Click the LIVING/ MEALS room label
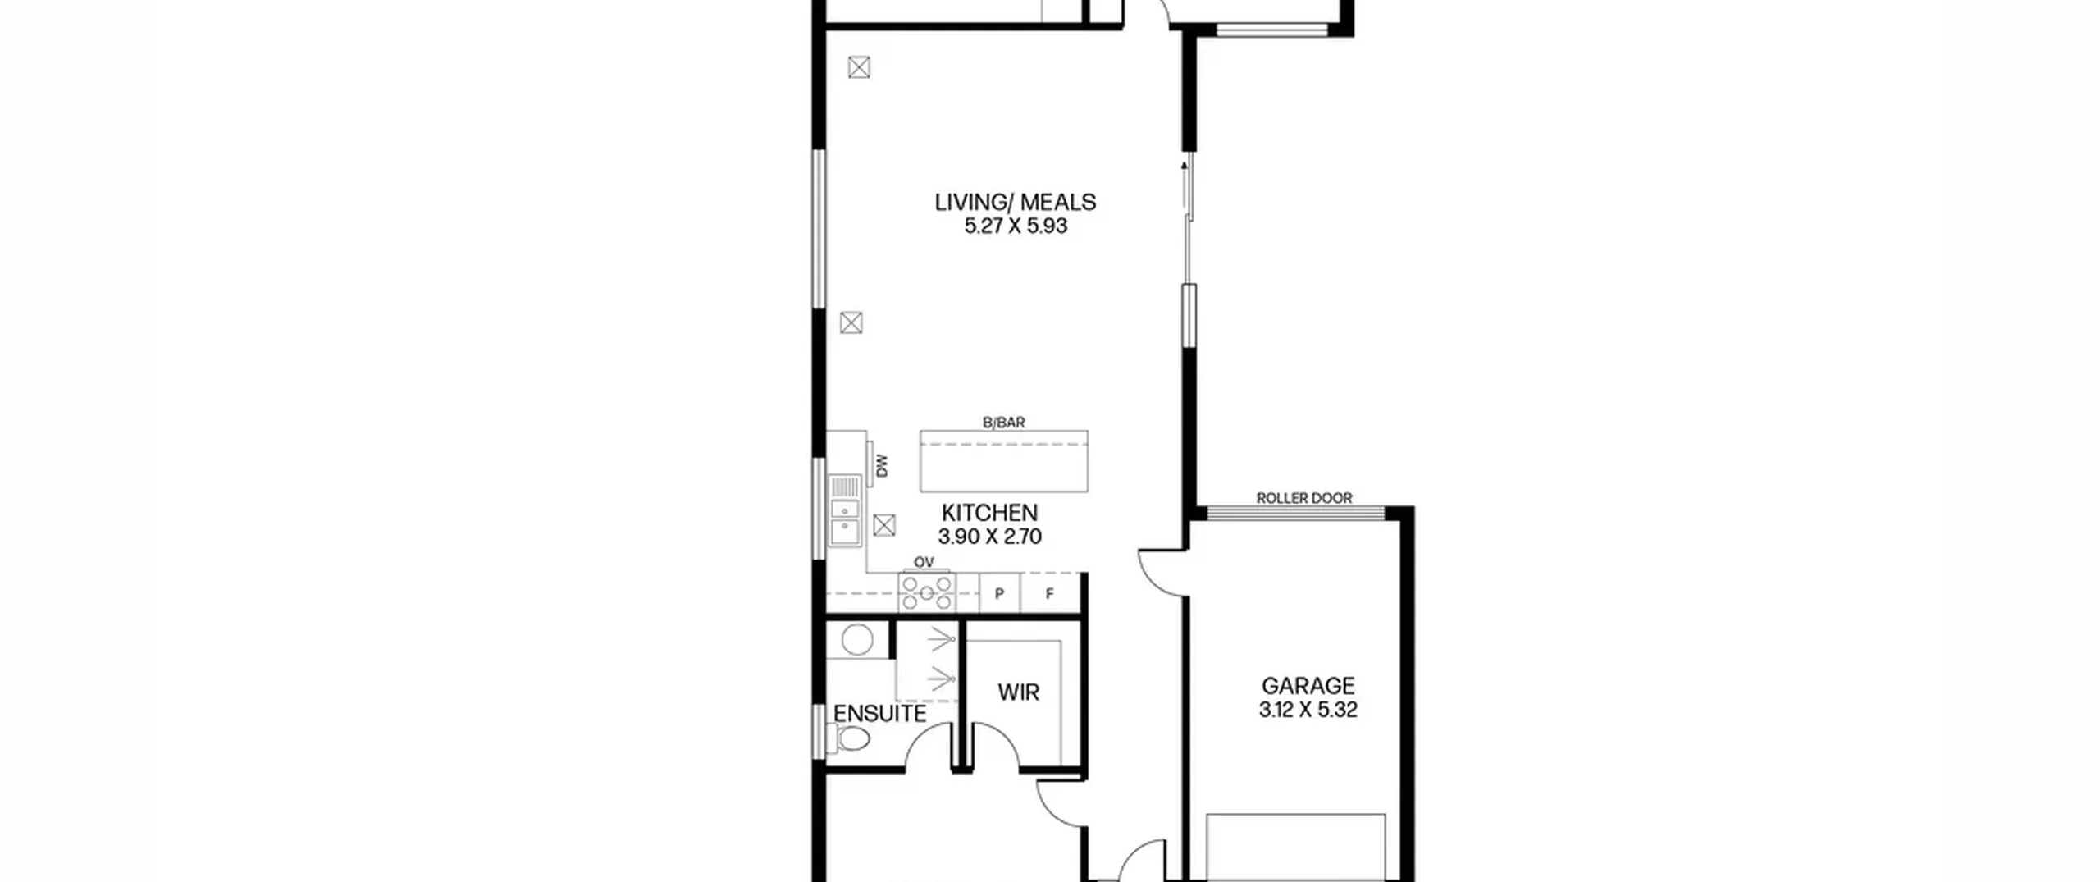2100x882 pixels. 1016,202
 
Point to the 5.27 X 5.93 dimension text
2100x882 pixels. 1016,226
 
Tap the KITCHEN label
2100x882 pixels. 989,513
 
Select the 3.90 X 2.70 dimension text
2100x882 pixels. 989,537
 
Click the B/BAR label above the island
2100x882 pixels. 1004,423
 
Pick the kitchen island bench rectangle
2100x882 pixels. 1004,461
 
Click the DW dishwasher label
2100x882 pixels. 882,466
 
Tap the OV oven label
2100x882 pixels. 924,562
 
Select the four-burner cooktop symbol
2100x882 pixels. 927,592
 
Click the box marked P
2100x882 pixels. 1000,593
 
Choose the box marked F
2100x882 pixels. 1050,593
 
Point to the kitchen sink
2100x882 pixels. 844,510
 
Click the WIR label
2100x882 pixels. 1018,692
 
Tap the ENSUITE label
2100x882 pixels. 879,714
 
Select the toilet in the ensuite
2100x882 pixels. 848,738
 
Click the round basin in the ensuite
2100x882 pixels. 857,640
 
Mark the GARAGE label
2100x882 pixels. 1308,686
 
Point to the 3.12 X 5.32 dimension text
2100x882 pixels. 1308,710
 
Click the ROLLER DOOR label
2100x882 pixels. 1304,498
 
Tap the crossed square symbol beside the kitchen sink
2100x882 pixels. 883,525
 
